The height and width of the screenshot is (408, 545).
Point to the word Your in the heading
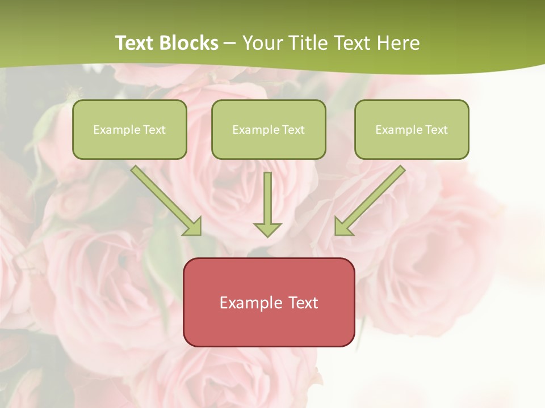pyautogui.click(x=262, y=43)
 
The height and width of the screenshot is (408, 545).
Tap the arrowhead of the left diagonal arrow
pyautogui.click(x=194, y=227)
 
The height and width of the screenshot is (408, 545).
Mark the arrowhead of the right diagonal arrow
pyautogui.click(x=342, y=227)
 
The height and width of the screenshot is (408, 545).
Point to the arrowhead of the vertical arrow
pyautogui.click(x=267, y=229)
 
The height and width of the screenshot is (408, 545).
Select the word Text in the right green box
pyautogui.click(x=437, y=130)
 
